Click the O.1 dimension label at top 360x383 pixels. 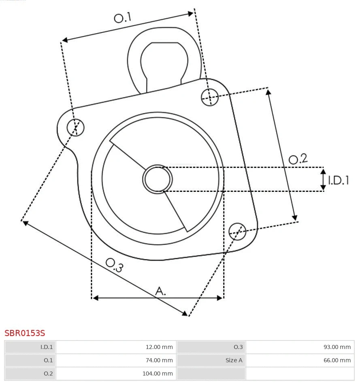pos(123,17)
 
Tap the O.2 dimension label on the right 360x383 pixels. pos(298,159)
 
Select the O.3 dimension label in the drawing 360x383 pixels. pos(114,265)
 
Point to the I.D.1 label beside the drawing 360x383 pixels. pos(338,180)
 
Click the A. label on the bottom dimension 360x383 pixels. pos(161,291)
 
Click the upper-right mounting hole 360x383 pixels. pos(210,97)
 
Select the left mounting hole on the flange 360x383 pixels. pos(75,128)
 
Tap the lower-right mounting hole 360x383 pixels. pos(237,231)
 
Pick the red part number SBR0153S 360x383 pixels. pos(25,333)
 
